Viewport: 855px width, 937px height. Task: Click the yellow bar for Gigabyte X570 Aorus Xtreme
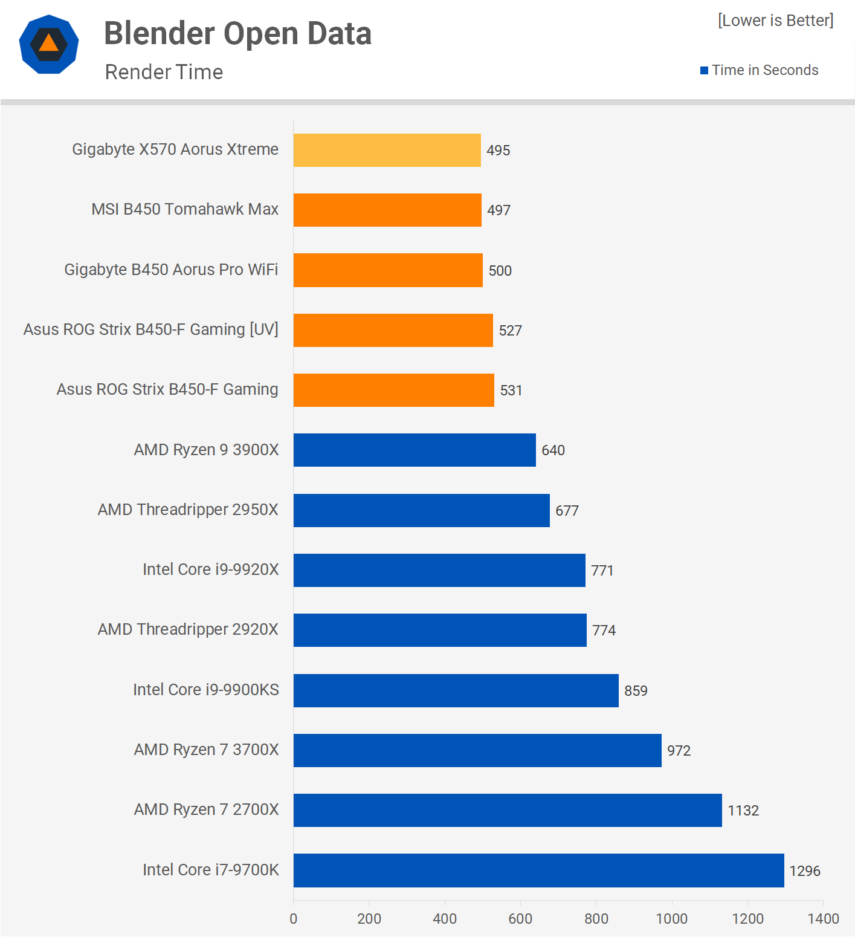tap(387, 150)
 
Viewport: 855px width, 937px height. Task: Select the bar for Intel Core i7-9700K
tap(538, 870)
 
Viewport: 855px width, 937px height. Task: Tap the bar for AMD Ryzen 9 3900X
tap(415, 450)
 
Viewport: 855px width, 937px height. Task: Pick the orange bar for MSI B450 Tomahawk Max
tap(387, 210)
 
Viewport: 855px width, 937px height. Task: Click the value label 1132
tap(743, 811)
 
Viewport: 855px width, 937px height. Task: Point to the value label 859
tap(636, 690)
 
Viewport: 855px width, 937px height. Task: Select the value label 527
tap(510, 330)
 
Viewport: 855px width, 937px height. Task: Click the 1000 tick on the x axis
tap(671, 919)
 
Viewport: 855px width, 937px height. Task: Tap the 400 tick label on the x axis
tap(445, 919)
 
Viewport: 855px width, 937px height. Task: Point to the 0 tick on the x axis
tap(294, 919)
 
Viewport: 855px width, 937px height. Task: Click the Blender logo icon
tap(49, 45)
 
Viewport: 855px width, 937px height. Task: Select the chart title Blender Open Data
tap(237, 33)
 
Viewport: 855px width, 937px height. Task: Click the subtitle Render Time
tap(164, 72)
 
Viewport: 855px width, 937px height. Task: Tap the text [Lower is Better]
tap(775, 21)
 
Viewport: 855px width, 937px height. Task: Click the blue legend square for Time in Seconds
tap(704, 71)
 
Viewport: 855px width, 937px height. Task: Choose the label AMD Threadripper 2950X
tap(188, 510)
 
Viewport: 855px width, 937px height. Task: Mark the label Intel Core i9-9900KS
tap(205, 690)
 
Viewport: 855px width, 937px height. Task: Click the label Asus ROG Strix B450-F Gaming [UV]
tap(150, 329)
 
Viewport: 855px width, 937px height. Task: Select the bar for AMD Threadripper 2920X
tap(440, 630)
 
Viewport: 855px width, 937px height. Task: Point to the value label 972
tap(679, 750)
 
